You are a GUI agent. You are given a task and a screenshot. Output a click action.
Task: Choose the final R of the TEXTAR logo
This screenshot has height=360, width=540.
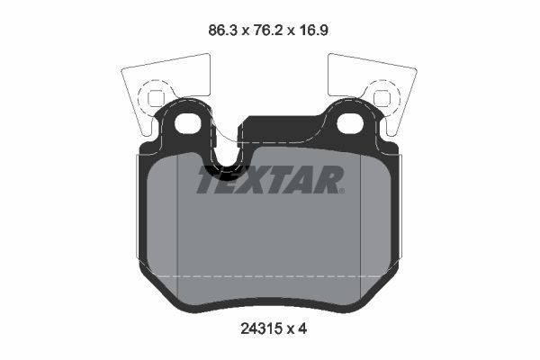pyautogui.click(x=328, y=180)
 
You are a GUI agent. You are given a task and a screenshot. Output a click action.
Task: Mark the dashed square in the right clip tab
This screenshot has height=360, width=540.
pyautogui.click(x=382, y=95)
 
